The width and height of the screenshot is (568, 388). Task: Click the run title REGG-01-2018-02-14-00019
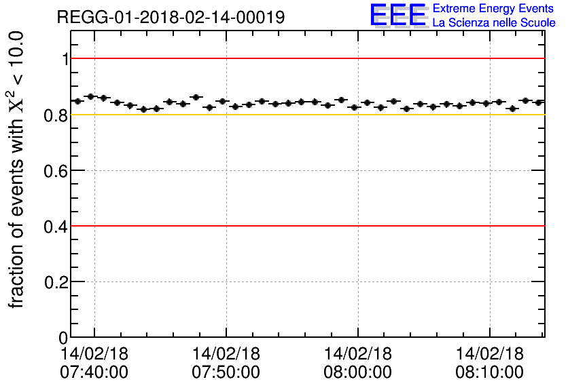171,16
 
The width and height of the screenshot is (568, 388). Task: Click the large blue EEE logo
398,15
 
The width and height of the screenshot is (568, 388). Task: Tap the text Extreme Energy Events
493,9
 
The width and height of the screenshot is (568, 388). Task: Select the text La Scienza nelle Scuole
493,22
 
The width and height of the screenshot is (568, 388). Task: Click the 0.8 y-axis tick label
57,115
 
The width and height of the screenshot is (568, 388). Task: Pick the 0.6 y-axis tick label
57,171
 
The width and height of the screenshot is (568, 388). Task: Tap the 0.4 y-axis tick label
57,227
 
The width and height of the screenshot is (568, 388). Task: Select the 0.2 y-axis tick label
57,282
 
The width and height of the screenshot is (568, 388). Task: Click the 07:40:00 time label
94,372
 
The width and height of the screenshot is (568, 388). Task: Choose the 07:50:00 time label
226,372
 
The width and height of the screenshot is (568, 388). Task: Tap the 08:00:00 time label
358,372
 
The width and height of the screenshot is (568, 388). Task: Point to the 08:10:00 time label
490,372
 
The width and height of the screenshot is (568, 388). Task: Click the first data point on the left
77,101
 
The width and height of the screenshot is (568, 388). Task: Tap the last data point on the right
538,102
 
